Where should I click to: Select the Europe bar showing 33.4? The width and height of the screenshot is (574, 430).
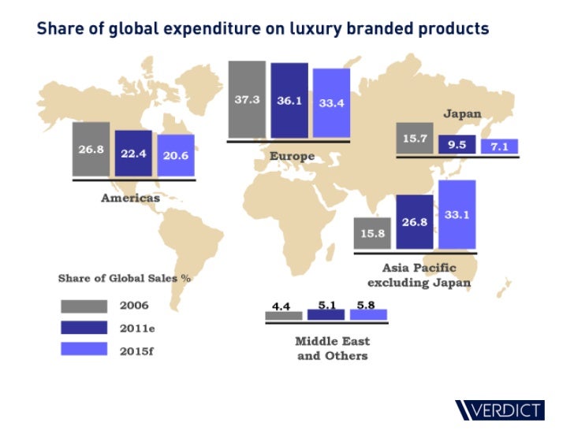[331, 103]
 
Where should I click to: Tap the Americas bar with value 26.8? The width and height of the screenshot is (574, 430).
[91, 150]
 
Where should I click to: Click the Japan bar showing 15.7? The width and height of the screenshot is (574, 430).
[414, 139]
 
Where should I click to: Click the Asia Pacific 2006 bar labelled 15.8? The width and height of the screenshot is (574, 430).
[372, 233]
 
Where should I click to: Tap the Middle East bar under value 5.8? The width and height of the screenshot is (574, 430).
[368, 314]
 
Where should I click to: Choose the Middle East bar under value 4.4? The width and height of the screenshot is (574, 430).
[283, 315]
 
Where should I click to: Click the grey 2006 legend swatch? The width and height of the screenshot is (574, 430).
[84, 306]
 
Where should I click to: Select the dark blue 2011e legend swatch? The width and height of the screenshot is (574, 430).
[84, 327]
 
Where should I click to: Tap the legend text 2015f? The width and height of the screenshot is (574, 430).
[136, 349]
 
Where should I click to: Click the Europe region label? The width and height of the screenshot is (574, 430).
[292, 156]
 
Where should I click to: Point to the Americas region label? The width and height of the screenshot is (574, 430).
[130, 198]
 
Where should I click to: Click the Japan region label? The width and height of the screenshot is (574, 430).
[461, 113]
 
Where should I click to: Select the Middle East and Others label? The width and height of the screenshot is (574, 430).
[332, 348]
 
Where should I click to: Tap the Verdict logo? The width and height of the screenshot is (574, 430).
[499, 410]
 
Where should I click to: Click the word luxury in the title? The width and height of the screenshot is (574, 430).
[278, 29]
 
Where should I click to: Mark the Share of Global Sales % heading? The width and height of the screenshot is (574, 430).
[125, 278]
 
